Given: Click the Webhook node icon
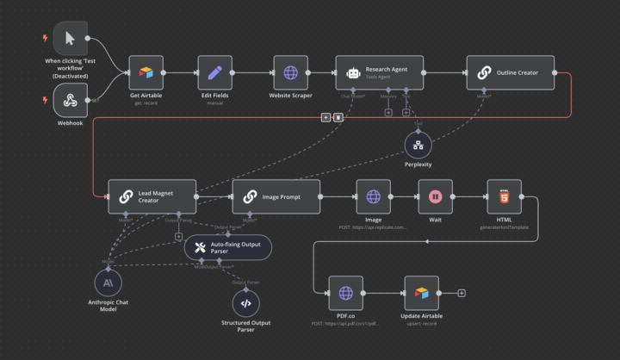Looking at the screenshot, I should (x=70, y=101).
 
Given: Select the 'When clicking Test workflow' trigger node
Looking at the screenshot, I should (x=70, y=38).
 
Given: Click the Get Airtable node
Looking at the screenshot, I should (x=146, y=72).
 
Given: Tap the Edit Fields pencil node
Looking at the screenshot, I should (x=215, y=72).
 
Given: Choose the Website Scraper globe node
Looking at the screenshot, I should (x=290, y=72).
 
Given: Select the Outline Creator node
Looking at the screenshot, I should (x=510, y=72).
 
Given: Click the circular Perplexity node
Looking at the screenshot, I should (x=418, y=145).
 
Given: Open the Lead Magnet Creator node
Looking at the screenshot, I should (x=152, y=196).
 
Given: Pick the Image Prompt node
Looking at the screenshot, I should (x=276, y=196).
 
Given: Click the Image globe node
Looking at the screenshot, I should (x=373, y=196).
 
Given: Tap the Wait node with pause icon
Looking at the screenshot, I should (x=435, y=196).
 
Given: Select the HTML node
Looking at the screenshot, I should (x=504, y=196).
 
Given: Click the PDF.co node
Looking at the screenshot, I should (x=345, y=293).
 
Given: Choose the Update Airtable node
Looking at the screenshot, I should (x=422, y=293).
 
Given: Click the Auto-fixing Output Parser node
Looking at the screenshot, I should (x=228, y=248).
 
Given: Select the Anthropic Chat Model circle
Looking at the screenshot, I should (x=108, y=282).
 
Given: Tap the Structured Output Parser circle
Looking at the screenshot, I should (x=245, y=303).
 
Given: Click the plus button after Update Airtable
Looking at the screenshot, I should (x=462, y=293).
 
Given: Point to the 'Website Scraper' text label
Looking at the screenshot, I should (x=290, y=96).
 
